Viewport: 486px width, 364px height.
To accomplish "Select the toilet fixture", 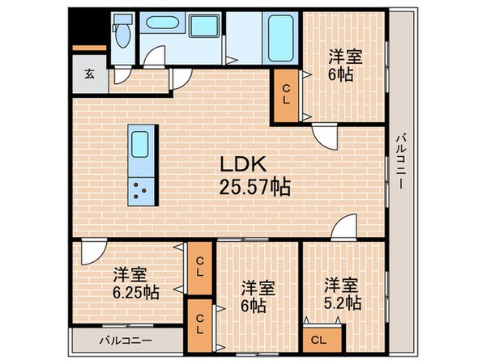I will point(121,34).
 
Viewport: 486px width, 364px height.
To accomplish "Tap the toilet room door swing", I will point(122,75).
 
